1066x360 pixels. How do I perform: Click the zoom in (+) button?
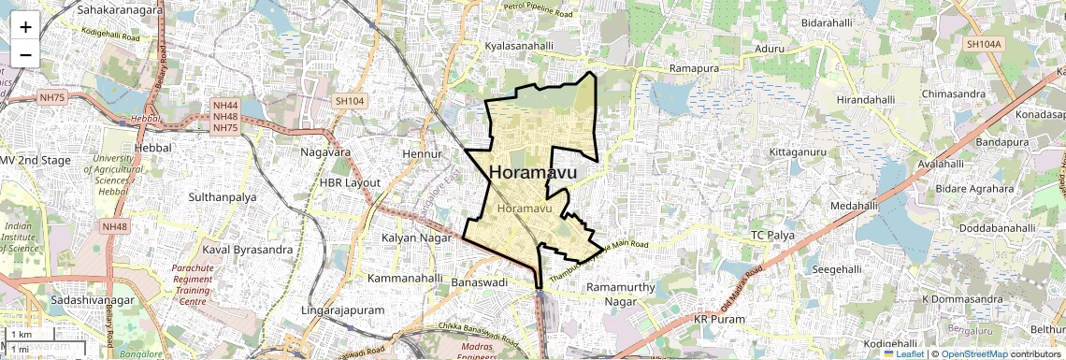[x=25, y=26]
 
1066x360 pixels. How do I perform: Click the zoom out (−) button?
[x=25, y=54]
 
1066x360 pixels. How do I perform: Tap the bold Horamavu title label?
[x=533, y=173]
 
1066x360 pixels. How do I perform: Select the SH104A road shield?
[x=984, y=44]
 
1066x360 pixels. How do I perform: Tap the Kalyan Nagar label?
[x=416, y=238]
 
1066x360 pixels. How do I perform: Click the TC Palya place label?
[x=773, y=235]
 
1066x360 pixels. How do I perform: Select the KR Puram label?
[x=720, y=320]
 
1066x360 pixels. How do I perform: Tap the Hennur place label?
[x=420, y=152]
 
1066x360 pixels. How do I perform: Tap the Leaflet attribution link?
[x=904, y=353]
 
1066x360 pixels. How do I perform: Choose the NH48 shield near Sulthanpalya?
[x=115, y=227]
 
